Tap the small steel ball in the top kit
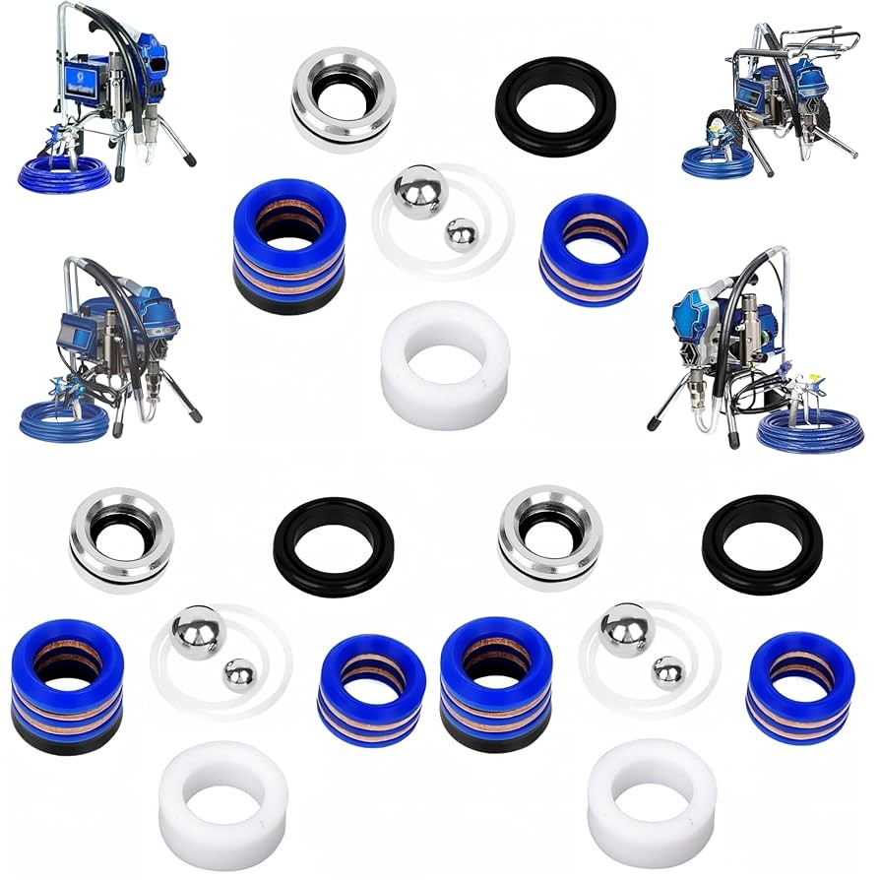460,234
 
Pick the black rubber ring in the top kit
555,106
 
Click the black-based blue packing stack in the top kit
289,246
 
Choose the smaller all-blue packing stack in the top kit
594,249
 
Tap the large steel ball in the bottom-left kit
197,632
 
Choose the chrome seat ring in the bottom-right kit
550,537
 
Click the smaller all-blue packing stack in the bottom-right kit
800,687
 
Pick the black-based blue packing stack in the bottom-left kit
67,685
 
